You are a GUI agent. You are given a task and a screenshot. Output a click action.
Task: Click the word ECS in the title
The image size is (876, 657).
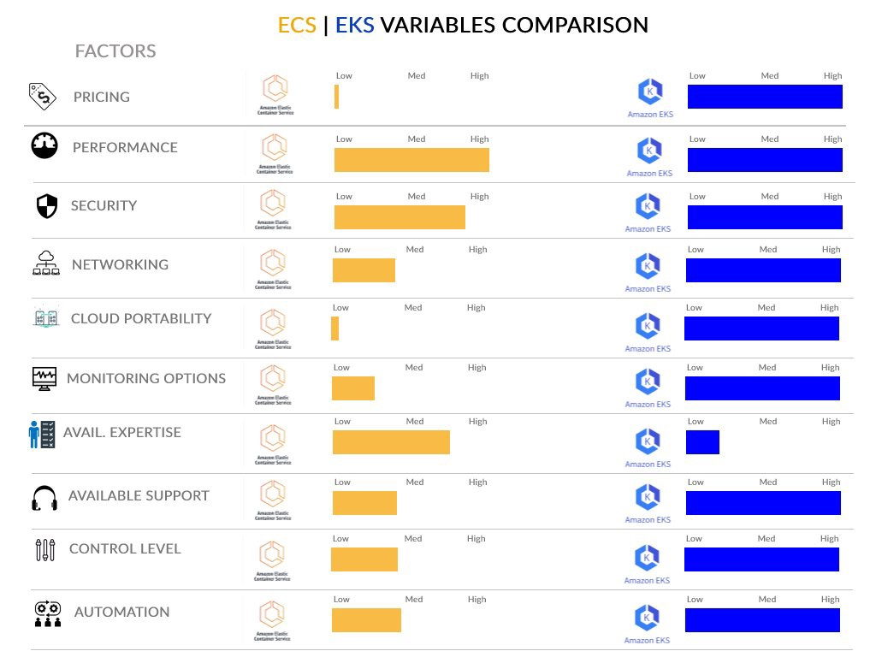[x=297, y=26]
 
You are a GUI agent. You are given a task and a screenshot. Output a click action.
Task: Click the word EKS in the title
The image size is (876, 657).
[x=354, y=26]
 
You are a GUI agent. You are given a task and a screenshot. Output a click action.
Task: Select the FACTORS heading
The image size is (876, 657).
[x=115, y=51]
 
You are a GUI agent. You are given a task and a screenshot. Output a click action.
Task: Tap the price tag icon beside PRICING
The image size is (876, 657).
[x=42, y=96]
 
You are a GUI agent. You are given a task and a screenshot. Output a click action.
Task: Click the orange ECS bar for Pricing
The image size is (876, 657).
[x=336, y=97]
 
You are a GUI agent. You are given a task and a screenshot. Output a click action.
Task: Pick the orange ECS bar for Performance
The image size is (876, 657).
[x=411, y=160]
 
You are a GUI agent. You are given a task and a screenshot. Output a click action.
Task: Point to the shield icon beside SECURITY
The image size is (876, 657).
[x=46, y=206]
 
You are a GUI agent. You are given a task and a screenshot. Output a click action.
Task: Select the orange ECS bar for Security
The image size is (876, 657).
[x=400, y=217]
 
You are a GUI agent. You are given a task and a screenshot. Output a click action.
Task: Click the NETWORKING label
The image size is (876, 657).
[x=120, y=264]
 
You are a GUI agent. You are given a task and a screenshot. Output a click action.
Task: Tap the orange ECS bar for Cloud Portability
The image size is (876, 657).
[x=334, y=328]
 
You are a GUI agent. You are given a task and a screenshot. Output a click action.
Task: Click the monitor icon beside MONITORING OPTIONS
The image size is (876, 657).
[x=44, y=379]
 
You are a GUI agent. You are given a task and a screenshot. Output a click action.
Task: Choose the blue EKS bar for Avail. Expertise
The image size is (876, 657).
[x=702, y=442]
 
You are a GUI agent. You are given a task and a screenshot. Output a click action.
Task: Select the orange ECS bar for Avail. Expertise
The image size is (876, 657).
[x=391, y=442]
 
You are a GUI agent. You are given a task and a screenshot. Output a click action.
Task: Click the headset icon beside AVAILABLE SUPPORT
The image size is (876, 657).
[x=44, y=498]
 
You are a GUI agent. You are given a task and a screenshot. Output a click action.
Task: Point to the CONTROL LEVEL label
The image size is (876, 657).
[x=125, y=549]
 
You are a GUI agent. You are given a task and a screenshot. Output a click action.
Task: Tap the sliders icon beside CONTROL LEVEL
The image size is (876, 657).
[x=45, y=550]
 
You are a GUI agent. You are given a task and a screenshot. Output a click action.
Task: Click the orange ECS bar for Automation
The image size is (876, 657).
[x=366, y=620]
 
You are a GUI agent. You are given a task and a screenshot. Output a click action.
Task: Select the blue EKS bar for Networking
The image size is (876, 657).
[x=763, y=270]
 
